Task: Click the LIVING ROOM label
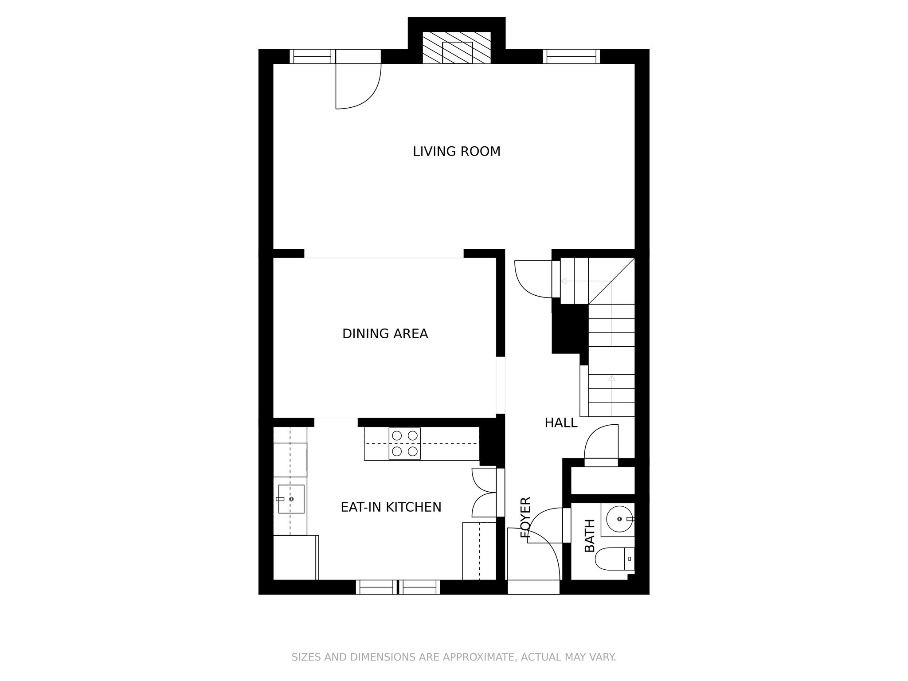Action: pyautogui.click(x=456, y=152)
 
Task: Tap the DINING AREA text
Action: pyautogui.click(x=385, y=334)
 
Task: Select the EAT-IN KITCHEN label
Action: pyautogui.click(x=391, y=507)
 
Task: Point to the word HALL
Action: pyautogui.click(x=561, y=423)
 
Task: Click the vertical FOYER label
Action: pyautogui.click(x=525, y=518)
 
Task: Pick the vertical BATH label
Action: pyautogui.click(x=590, y=536)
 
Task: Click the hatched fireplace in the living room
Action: pyautogui.click(x=457, y=48)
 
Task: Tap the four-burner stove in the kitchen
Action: pyautogui.click(x=405, y=443)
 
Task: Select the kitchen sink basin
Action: pyautogui.click(x=291, y=499)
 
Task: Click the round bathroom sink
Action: pyautogui.click(x=619, y=519)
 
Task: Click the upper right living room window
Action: pyautogui.click(x=571, y=56)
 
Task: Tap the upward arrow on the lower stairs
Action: pyautogui.click(x=612, y=378)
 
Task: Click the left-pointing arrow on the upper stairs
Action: pyautogui.click(x=564, y=281)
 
